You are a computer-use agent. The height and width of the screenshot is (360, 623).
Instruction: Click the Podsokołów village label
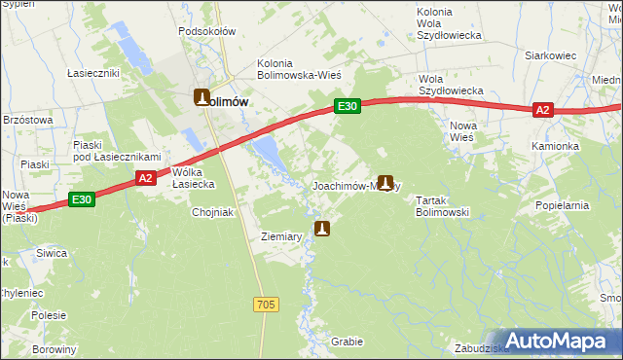[207, 31]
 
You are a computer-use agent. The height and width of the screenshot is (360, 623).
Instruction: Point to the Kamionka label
[555, 146]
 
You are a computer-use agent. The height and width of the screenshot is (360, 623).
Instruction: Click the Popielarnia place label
[562, 206]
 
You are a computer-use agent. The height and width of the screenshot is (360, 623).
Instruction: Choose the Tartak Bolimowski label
[443, 205]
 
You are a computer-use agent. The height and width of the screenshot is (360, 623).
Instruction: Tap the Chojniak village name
[214, 212]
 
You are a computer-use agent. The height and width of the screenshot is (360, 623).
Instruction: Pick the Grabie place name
[347, 342]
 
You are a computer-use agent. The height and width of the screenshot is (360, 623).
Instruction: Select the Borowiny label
[54, 349]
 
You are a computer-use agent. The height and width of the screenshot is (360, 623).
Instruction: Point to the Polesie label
[48, 315]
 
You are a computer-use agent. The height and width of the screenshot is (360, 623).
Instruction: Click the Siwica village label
[52, 253]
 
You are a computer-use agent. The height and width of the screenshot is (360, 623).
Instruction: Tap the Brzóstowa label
[27, 118]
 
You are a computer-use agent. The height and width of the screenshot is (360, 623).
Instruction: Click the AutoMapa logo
[559, 341]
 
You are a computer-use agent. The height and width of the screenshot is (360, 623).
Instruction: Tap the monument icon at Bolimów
[202, 97]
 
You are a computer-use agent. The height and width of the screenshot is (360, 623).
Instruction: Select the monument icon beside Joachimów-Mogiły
[386, 182]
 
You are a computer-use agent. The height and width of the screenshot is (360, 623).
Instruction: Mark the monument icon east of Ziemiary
[322, 229]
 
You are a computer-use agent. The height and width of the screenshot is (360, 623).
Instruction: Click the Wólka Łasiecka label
[193, 178]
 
